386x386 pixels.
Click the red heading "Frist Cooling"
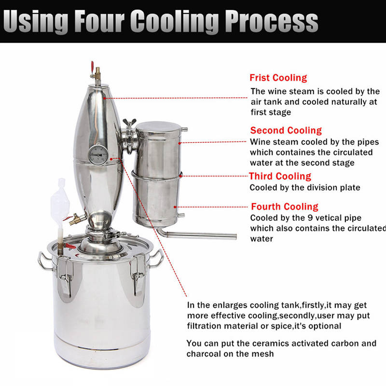tap(278, 78)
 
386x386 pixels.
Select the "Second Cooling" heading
tap(286, 130)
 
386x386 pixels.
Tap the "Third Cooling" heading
tap(280, 176)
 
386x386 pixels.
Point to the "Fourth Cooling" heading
tap(285, 207)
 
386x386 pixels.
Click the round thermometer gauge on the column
tap(98, 155)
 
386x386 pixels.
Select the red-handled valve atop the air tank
tap(96, 73)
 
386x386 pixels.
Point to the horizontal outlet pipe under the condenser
tap(196, 234)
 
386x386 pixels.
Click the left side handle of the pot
tap(44, 261)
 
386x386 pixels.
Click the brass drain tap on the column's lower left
tap(76, 219)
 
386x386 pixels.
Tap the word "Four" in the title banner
tap(99, 21)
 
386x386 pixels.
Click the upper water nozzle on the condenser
tap(184, 129)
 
